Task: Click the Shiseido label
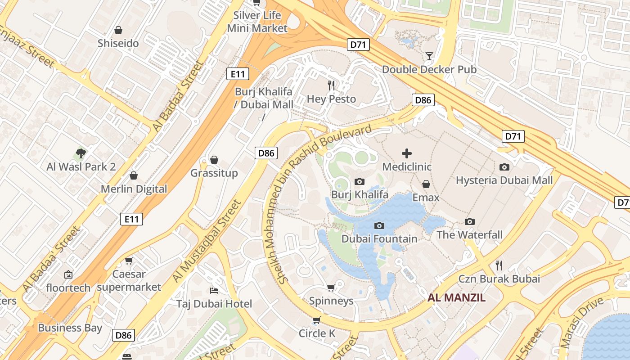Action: (118, 44)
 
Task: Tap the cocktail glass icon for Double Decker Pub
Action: (429, 56)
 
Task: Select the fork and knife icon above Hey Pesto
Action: (332, 85)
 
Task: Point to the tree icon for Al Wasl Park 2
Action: (81, 153)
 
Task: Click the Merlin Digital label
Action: (134, 189)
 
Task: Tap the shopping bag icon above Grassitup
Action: (214, 160)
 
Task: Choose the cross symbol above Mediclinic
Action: (407, 153)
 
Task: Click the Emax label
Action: (426, 198)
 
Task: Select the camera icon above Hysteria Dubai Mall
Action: (504, 167)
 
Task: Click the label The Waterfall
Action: (470, 235)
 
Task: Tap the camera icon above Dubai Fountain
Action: (379, 225)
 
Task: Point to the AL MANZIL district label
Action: (456, 297)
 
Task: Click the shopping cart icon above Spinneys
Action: (331, 288)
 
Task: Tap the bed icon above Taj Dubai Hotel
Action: (214, 291)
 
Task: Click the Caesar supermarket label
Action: (129, 280)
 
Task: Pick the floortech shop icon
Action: (68, 274)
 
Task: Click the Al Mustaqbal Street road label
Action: (207, 242)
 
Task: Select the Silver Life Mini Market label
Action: (257, 22)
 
